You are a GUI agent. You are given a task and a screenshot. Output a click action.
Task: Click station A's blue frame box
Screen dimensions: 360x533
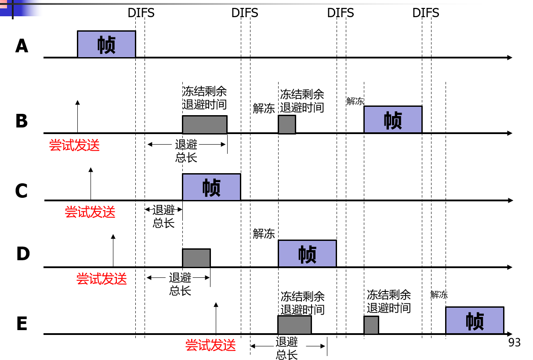[106, 44]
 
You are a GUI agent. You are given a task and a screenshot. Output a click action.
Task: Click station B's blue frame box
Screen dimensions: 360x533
[393, 120]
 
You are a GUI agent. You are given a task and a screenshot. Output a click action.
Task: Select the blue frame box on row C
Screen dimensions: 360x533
[211, 187]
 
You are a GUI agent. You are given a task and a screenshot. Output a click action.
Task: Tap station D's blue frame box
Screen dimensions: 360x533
[307, 254]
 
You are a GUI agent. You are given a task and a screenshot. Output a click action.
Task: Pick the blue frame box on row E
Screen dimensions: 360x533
[475, 320]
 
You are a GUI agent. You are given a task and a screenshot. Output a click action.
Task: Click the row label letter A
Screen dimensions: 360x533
[22, 46]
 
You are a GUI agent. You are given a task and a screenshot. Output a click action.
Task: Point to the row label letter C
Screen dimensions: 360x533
[22, 191]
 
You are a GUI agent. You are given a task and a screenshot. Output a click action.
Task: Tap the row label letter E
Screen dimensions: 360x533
[22, 324]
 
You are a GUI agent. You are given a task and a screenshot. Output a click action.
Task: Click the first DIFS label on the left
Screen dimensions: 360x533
[141, 13]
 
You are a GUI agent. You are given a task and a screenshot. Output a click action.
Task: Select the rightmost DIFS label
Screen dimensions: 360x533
[425, 13]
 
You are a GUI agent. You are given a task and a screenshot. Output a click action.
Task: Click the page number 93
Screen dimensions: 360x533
[514, 342]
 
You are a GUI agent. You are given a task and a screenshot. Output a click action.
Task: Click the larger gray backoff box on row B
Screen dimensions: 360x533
[205, 124]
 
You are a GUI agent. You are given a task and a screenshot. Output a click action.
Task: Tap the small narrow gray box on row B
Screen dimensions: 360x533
[287, 124]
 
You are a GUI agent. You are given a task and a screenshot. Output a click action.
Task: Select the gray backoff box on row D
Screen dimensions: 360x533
[196, 258]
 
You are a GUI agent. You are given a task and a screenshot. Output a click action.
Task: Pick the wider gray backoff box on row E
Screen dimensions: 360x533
[294, 325]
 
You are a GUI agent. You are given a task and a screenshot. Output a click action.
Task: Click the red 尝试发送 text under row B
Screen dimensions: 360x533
[74, 145]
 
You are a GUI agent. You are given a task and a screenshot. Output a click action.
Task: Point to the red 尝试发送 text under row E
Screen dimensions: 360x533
[210, 345]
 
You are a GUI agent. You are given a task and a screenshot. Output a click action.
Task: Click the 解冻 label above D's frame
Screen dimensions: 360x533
[264, 234]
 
